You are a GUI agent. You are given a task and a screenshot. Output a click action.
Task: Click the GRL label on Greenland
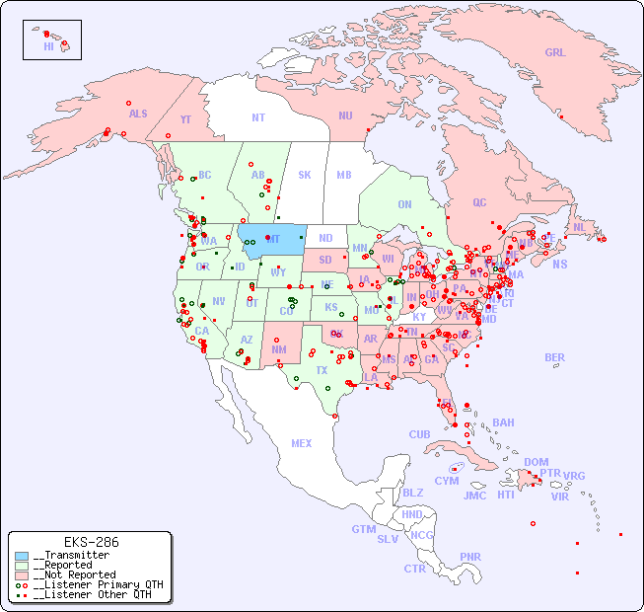(x=555, y=53)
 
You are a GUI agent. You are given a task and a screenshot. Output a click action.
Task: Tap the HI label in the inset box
(x=48, y=45)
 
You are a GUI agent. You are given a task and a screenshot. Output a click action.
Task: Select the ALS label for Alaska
(x=138, y=114)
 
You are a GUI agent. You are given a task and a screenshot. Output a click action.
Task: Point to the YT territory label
(x=185, y=119)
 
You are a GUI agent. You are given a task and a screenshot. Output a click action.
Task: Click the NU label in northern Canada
(x=345, y=115)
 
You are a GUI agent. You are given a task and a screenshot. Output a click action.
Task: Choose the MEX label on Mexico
(x=302, y=443)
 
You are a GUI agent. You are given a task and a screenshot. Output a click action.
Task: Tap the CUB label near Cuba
(x=419, y=434)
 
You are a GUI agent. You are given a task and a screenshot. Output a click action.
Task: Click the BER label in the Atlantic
(x=554, y=357)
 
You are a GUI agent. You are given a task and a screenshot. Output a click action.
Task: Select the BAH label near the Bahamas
(x=503, y=422)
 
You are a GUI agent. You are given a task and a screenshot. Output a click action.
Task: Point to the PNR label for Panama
(x=470, y=557)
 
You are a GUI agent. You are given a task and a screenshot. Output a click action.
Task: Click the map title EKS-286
(x=91, y=543)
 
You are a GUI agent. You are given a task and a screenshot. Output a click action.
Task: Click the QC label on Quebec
(x=479, y=202)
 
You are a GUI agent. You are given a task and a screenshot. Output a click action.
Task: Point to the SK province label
(x=305, y=175)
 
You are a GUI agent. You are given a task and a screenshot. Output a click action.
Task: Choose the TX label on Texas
(x=322, y=370)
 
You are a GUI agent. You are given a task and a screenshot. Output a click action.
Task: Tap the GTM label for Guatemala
(x=363, y=529)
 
